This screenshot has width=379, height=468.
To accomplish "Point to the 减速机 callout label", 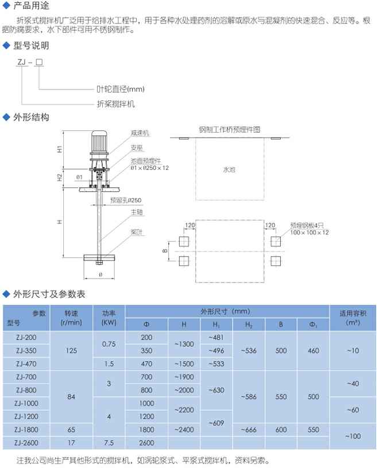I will [140, 133].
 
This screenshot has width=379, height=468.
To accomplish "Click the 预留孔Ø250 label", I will [125, 200].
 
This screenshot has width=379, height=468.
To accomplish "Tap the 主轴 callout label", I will [136, 212].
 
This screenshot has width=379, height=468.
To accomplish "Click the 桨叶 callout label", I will [136, 233].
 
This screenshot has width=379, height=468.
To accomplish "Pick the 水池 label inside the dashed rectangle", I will [229, 170].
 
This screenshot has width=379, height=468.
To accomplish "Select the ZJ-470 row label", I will [27, 363].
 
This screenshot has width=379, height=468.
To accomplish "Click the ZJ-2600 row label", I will [27, 443].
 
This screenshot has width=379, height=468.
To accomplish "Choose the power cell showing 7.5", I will [109, 443].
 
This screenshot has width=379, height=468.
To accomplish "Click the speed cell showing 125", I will [72, 350].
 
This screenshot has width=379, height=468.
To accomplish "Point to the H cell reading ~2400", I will [184, 430].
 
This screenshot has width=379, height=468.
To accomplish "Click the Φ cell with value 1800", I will [146, 430].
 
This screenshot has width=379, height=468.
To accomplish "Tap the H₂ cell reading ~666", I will [249, 430].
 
